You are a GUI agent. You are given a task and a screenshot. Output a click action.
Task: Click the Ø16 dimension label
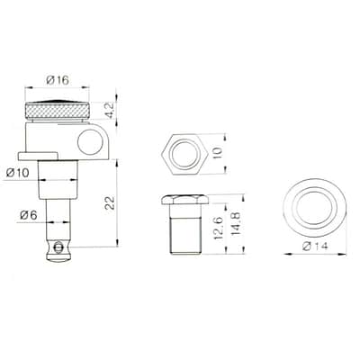coord(58,80)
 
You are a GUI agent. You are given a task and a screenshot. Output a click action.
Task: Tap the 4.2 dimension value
coord(110,111)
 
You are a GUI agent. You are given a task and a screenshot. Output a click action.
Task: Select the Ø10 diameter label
coord(18,173)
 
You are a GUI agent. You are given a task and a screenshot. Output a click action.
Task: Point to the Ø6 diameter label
coord(28,215)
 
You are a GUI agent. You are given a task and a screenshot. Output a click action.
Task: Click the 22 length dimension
coord(110,203)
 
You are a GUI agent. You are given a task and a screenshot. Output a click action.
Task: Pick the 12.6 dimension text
coord(218,228)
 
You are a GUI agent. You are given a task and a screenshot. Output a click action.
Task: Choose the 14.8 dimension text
coord(237,223)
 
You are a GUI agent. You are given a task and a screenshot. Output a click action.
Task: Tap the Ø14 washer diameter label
coord(315,247)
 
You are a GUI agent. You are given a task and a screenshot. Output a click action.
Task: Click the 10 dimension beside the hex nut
coord(218,152)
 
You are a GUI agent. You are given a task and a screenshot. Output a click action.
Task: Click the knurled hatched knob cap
coord(57,110)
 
